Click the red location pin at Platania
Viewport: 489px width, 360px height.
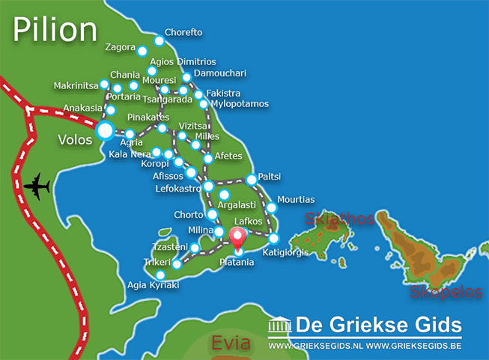[238, 238]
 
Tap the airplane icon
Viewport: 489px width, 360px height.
[36, 186]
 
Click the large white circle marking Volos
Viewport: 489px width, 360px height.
[105, 132]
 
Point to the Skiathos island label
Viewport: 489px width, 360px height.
[338, 219]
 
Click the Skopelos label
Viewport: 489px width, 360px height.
[446, 292]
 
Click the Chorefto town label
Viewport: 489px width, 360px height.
[184, 34]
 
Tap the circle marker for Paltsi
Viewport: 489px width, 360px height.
[251, 180]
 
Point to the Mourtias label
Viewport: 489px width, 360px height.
[296, 200]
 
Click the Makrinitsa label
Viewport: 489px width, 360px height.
[76, 86]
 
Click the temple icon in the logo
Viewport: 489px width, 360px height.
[279, 326]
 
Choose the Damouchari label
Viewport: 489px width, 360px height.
[219, 73]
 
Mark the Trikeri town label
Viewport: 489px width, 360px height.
[157, 263]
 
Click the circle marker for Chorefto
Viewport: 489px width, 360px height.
[159, 41]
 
